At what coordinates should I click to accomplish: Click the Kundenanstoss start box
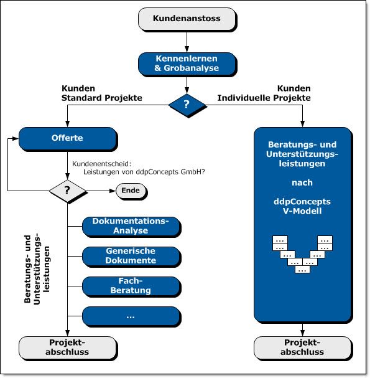click(x=187, y=19)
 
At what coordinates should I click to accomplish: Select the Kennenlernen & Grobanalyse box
click(x=187, y=64)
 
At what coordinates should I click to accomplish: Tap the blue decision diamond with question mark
click(x=187, y=105)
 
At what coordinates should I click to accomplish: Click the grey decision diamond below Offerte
click(x=68, y=191)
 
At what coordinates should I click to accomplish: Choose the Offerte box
click(x=68, y=138)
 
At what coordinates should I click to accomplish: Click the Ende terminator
click(x=131, y=191)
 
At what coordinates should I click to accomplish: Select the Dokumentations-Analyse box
click(x=131, y=226)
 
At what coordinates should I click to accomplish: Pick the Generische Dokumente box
click(x=131, y=256)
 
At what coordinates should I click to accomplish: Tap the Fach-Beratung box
click(x=131, y=286)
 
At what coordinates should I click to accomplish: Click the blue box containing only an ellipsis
click(x=131, y=316)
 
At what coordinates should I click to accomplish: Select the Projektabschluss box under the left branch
click(x=68, y=347)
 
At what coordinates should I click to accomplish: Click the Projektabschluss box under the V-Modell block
click(x=303, y=347)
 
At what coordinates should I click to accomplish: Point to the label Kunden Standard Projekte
click(x=101, y=93)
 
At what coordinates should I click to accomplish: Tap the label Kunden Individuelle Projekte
click(x=264, y=93)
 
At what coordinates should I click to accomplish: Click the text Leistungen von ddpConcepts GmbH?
click(x=144, y=172)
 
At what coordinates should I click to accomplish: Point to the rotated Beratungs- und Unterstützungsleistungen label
click(x=37, y=270)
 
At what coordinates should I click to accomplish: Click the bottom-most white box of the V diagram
click(x=302, y=269)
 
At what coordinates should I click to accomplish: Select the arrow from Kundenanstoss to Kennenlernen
click(x=187, y=42)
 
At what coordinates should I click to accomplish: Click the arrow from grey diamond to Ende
click(x=101, y=191)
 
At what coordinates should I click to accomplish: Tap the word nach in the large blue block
click(x=302, y=182)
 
